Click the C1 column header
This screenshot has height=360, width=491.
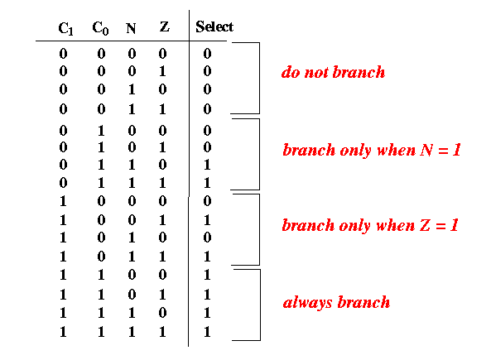[65, 29]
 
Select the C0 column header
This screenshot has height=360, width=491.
[100, 28]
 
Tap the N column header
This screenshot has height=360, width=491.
[131, 28]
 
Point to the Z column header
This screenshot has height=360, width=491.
[165, 26]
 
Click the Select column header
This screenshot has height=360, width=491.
[214, 26]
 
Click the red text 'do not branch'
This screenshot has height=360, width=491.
[333, 72]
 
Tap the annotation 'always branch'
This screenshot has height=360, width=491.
[336, 302]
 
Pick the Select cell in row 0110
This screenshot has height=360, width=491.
[207, 165]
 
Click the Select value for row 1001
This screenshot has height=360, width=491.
[207, 220]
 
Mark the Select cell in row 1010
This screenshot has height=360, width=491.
[207, 238]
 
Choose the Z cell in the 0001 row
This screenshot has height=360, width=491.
[162, 71]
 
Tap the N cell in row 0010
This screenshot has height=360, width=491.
[132, 89]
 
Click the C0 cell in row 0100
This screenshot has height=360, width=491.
[101, 131]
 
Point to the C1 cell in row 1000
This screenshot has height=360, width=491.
[63, 201]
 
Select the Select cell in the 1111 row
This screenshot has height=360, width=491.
[207, 332]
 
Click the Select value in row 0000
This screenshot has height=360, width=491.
[207, 54]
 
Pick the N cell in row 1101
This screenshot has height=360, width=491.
[132, 295]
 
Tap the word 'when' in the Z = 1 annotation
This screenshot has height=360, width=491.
[396, 225]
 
